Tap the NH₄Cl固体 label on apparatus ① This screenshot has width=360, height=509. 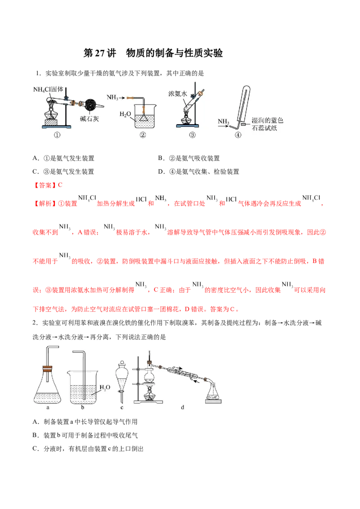[x=48, y=89]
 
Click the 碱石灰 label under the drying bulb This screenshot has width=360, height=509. [x=90, y=119]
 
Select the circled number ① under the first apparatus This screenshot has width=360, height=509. [x=57, y=135]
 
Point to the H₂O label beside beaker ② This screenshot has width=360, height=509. [x=125, y=114]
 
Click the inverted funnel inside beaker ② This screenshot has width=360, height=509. [x=143, y=117]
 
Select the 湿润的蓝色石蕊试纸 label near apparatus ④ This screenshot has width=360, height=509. [x=267, y=124]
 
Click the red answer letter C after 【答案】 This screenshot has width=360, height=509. [x=60, y=185]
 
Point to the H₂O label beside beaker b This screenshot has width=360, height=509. [x=105, y=387]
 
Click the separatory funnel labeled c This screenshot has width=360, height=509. [x=122, y=380]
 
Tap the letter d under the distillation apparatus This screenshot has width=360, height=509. [x=183, y=407]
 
